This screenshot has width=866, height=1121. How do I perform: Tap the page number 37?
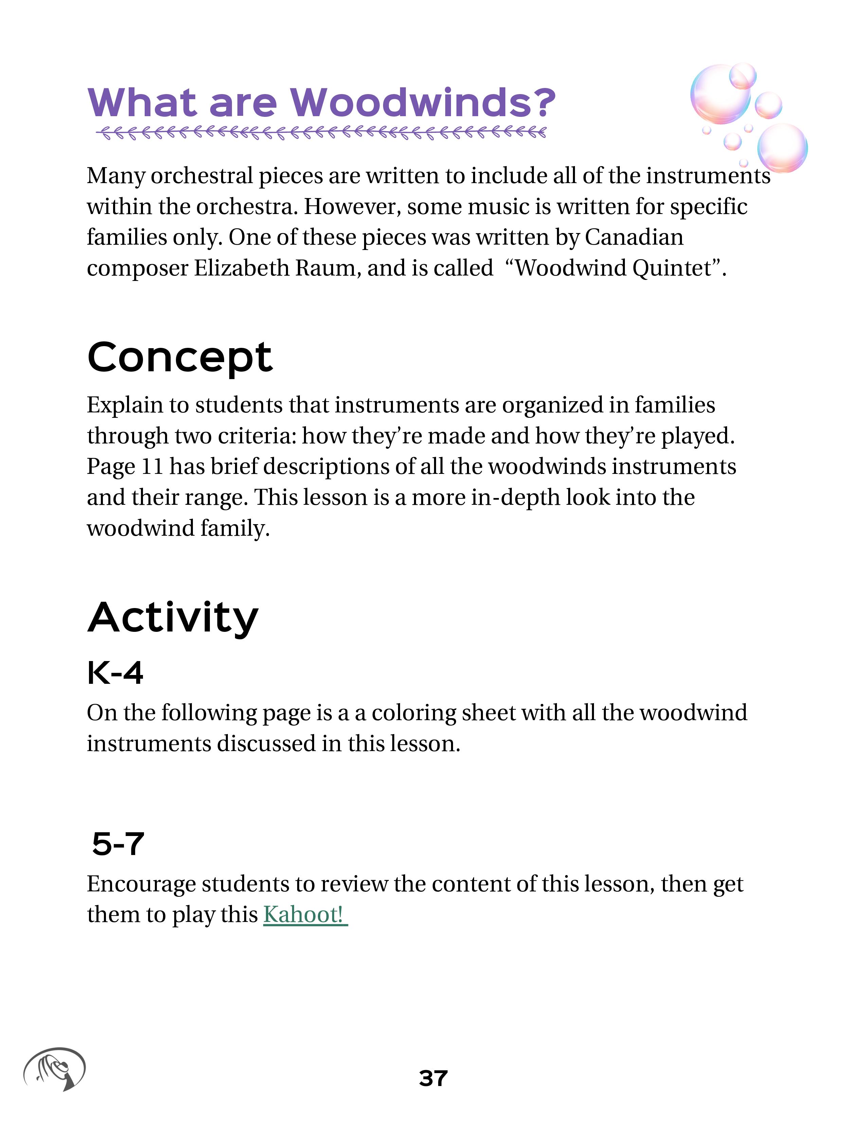tap(433, 1079)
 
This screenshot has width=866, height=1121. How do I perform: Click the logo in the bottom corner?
tap(54, 1069)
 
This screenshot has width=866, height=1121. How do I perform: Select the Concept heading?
tap(180, 357)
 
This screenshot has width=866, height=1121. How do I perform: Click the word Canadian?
tap(634, 237)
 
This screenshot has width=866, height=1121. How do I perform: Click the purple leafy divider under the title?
tap(321, 133)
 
